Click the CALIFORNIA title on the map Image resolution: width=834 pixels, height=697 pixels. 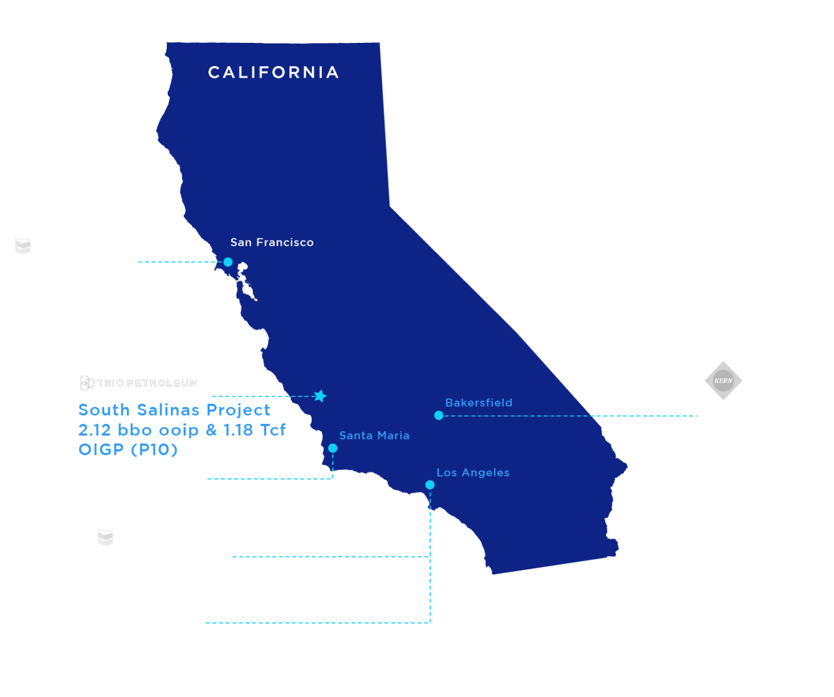point(273,73)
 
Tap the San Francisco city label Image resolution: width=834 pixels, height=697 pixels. point(271,243)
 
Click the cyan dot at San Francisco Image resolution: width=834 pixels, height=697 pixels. point(228,262)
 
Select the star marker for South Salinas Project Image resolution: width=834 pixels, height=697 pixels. point(320,396)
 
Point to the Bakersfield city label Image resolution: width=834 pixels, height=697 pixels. point(478,403)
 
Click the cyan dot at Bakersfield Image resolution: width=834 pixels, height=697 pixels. point(439,415)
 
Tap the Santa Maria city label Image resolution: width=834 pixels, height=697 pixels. point(374,435)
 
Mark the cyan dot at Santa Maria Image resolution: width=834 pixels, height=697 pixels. point(333,448)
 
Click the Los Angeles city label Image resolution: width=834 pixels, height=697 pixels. point(473,473)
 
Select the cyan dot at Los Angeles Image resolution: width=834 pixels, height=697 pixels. point(430,485)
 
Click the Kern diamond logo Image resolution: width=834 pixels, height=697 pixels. point(723,381)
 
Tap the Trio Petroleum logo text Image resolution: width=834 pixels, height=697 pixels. point(148,383)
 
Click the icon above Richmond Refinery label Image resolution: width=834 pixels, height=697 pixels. point(23,245)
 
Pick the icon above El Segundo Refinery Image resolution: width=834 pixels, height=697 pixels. point(105,537)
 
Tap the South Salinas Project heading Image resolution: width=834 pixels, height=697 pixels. point(174,410)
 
